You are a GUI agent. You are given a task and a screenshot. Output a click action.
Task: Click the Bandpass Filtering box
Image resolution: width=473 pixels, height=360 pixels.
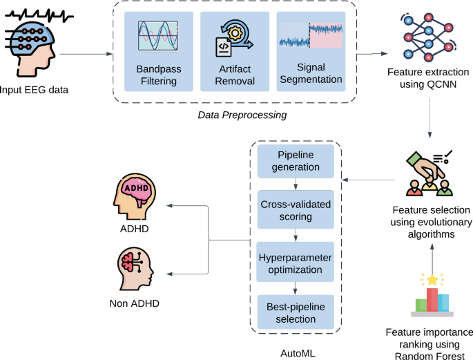point(157,52)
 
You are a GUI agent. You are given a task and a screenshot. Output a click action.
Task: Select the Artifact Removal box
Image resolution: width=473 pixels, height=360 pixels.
point(233,52)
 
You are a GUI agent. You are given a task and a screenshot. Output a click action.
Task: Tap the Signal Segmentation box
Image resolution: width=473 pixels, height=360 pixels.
point(310,52)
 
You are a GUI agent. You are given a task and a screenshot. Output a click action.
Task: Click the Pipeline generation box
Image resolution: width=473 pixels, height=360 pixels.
point(296,160)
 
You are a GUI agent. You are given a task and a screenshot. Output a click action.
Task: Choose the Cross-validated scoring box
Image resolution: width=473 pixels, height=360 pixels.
point(296,210)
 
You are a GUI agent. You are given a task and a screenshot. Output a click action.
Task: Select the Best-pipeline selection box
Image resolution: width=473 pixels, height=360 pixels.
point(296,312)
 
